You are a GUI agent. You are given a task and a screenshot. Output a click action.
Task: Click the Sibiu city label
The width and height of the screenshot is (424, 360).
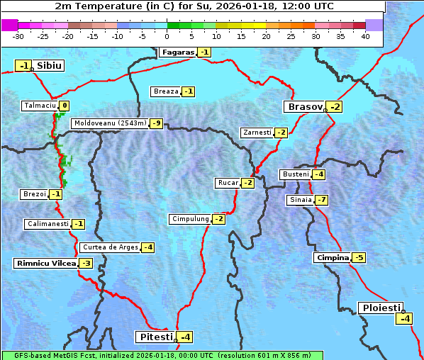tap(50, 66)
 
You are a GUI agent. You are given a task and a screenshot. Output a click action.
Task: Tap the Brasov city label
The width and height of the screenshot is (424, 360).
tap(304, 107)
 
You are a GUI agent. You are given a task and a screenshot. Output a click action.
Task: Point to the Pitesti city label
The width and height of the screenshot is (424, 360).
tap(155, 337)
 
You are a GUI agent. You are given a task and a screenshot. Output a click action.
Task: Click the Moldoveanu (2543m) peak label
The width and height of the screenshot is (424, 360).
tap(110, 123)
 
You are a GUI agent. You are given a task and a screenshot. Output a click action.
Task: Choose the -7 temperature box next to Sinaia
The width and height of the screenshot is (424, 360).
tap(321, 200)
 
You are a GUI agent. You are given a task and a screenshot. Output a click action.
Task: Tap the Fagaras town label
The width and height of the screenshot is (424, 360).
tap(177, 52)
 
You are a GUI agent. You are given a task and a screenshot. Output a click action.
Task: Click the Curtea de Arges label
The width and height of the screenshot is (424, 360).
tap(109, 247)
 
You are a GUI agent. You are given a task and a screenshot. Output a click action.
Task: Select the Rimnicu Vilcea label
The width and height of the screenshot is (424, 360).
tap(45, 263)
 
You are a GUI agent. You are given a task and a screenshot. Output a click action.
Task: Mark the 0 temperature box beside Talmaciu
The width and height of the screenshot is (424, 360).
tap(64, 106)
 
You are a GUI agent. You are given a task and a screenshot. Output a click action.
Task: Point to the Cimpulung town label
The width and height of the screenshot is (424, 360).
tap(190, 219)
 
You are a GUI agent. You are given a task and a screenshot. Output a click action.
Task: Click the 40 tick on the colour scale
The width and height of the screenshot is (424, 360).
tap(365, 36)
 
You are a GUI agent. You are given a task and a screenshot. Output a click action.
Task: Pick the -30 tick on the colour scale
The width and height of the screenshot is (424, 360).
tap(18, 36)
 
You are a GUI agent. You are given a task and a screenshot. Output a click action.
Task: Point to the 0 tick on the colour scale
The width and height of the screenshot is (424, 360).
tap(167, 36)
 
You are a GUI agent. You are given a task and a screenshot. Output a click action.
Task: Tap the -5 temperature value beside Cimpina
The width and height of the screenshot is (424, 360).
tap(359, 258)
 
